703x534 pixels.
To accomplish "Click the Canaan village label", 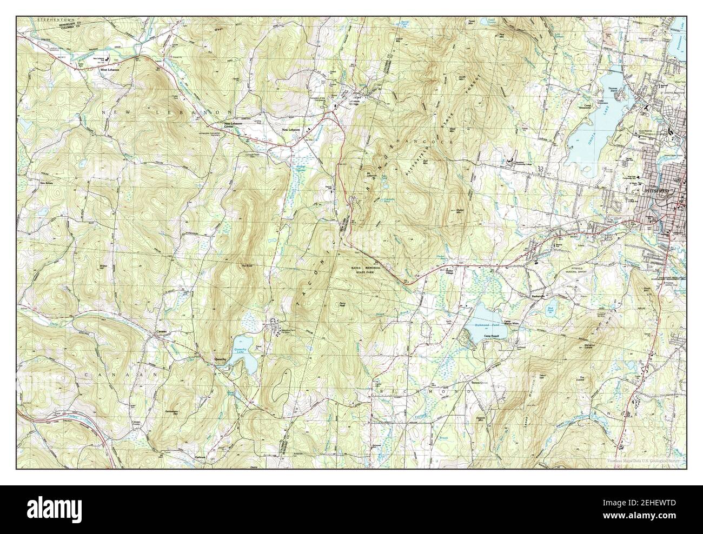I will [162, 331].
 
